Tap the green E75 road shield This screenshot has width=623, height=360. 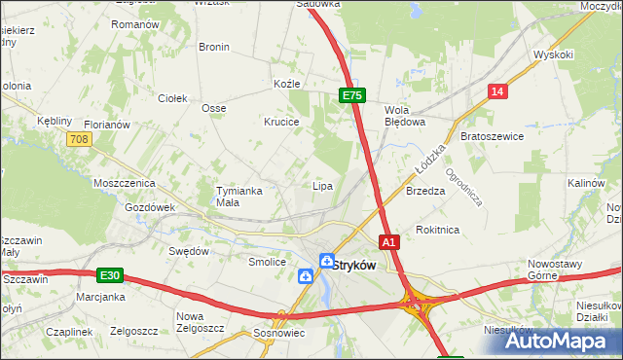(x=352, y=95)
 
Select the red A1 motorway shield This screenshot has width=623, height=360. (x=388, y=241)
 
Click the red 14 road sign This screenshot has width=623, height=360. (x=497, y=91)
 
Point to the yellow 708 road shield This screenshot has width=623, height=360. (x=80, y=140)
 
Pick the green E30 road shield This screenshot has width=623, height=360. (x=110, y=274)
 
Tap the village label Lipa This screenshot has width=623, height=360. (x=322, y=185)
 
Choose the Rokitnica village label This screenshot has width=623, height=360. (x=437, y=230)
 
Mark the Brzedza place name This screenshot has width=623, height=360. (x=425, y=192)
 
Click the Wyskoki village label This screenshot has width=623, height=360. (x=554, y=54)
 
